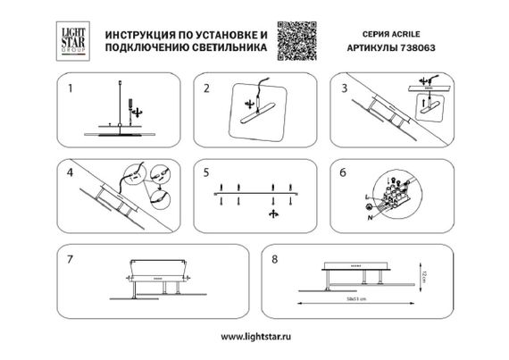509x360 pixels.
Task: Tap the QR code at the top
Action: click(295, 38)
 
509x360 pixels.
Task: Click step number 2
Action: click(206, 88)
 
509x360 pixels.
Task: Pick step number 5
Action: click(206, 171)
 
